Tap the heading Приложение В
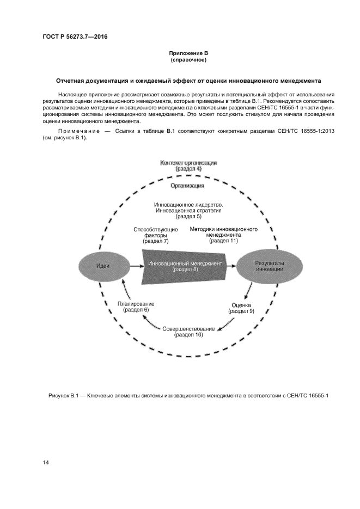(188, 53)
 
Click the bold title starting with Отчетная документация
(188, 81)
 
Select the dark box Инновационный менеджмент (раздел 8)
(185, 266)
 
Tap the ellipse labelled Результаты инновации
(269, 266)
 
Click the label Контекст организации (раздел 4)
(188, 166)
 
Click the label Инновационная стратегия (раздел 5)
(188, 210)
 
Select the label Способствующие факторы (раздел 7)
(155, 235)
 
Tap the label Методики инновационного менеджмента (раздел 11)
(223, 235)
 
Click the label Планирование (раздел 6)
(136, 306)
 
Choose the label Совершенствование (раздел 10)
(188, 332)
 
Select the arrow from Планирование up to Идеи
(125, 289)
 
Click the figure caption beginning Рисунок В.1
(188, 396)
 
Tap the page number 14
(46, 462)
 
